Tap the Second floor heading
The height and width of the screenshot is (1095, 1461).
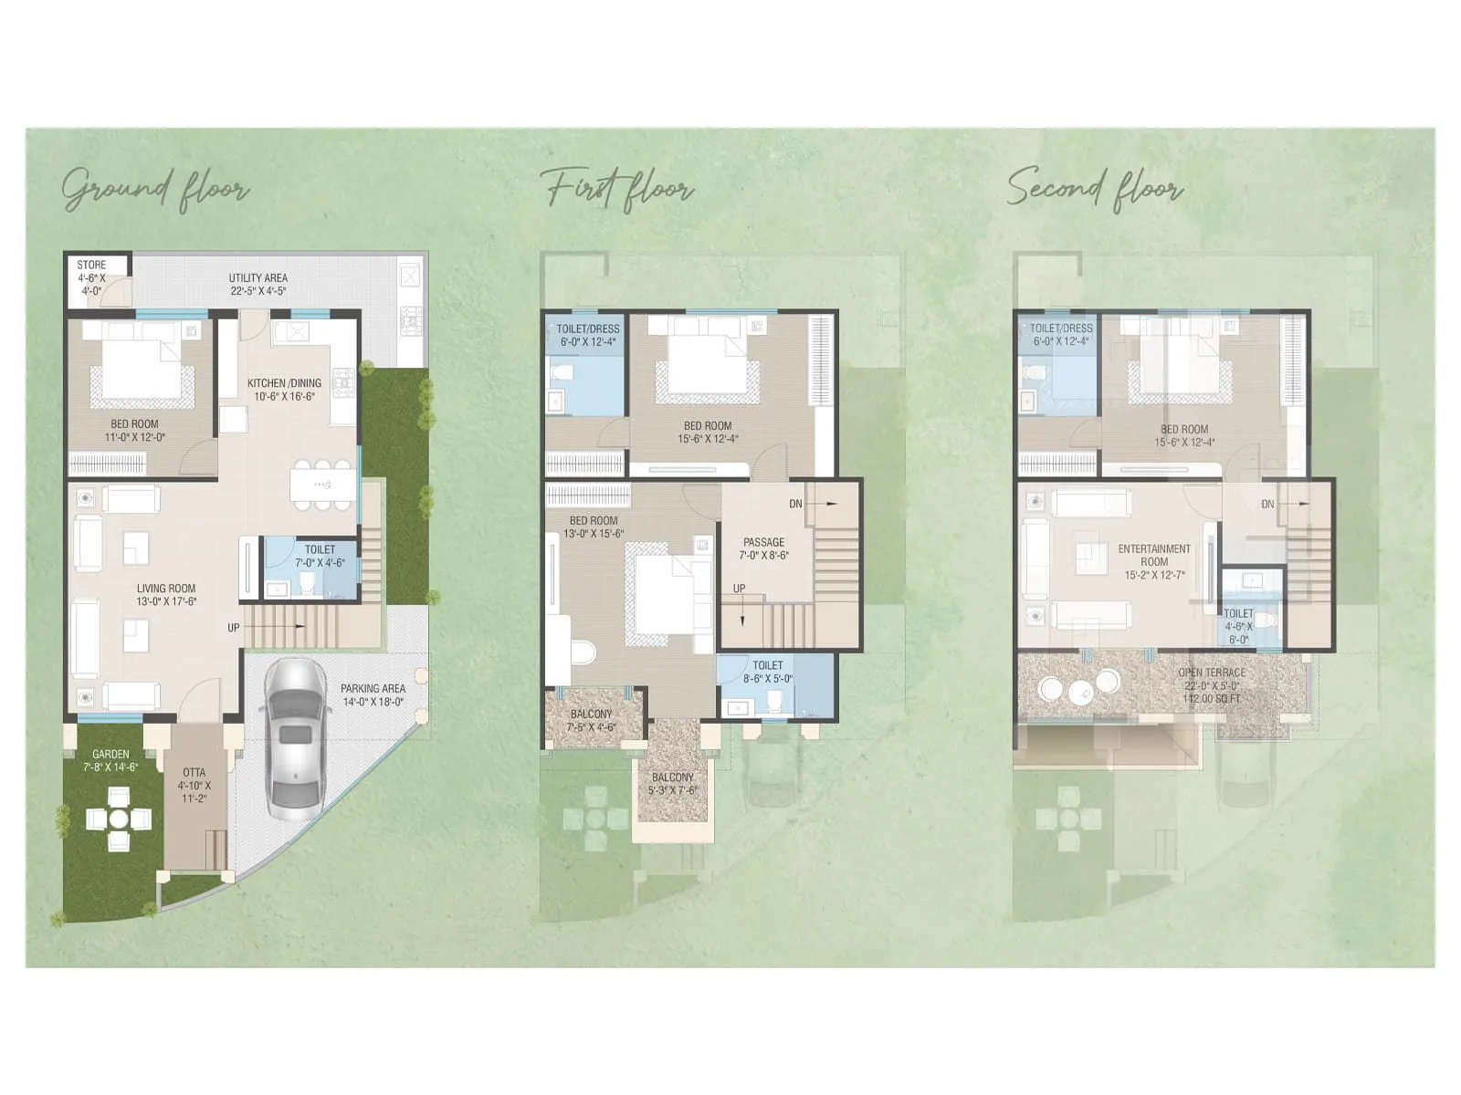(1095, 188)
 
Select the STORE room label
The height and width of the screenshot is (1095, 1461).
(91, 266)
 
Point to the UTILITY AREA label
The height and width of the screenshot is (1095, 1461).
(258, 278)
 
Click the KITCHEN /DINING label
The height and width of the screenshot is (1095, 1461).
(284, 383)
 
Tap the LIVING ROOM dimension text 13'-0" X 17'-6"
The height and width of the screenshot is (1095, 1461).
(166, 601)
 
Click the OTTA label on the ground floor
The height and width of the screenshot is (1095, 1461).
(194, 772)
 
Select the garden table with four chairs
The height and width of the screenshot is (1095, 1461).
(118, 819)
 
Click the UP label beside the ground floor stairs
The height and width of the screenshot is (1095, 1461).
(234, 628)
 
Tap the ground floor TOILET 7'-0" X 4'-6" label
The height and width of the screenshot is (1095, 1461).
(320, 557)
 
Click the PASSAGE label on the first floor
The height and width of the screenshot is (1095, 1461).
(763, 542)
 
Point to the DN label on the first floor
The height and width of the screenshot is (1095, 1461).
(795, 504)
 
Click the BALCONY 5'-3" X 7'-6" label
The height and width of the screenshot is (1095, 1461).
(673, 784)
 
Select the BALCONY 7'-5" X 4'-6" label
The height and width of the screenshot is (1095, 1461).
(592, 721)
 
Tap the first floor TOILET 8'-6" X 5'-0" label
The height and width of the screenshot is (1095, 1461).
(767, 673)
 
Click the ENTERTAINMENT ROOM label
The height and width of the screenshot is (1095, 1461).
(1154, 555)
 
